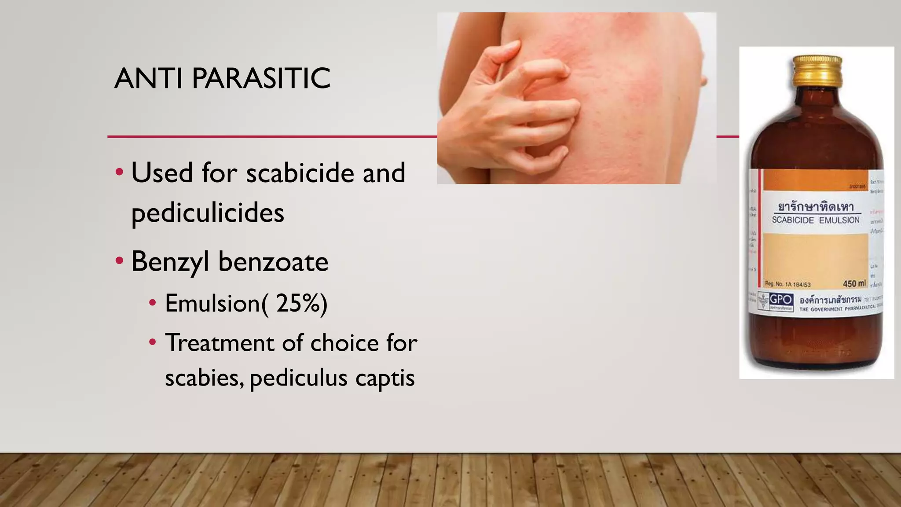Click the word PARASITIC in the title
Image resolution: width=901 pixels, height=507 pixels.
pyautogui.click(x=261, y=78)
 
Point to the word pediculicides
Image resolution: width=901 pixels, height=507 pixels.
pyautogui.click(x=208, y=213)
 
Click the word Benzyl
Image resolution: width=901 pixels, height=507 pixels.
pyautogui.click(x=170, y=262)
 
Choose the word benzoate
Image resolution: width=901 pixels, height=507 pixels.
pyautogui.click(x=273, y=262)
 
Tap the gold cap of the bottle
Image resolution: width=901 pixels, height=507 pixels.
pyautogui.click(x=817, y=70)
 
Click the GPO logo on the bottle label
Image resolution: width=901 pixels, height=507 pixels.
pyautogui.click(x=781, y=300)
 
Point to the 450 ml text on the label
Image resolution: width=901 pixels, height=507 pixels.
pyautogui.click(x=854, y=283)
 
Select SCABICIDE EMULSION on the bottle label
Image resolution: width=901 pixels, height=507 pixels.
pyautogui.click(x=816, y=220)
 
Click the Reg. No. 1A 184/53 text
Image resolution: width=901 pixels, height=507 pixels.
pyautogui.click(x=787, y=284)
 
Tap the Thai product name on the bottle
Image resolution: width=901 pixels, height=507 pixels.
pyautogui.click(x=816, y=206)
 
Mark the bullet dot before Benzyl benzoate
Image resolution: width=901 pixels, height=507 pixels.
pyautogui.click(x=119, y=261)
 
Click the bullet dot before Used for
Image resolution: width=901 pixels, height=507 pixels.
pyautogui.click(x=119, y=172)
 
